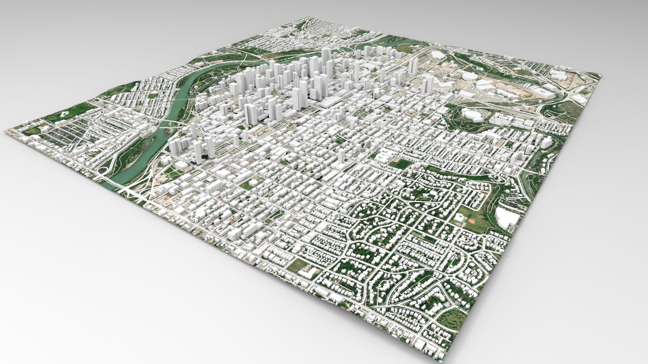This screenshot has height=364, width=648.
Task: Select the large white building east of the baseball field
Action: pyautogui.click(x=507, y=217)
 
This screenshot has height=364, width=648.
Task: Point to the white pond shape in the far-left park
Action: pyautogui.click(x=63, y=114)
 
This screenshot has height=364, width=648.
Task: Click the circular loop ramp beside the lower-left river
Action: pyautogui.click(x=103, y=170)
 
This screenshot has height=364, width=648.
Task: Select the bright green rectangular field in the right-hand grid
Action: pyautogui.click(x=401, y=164)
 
